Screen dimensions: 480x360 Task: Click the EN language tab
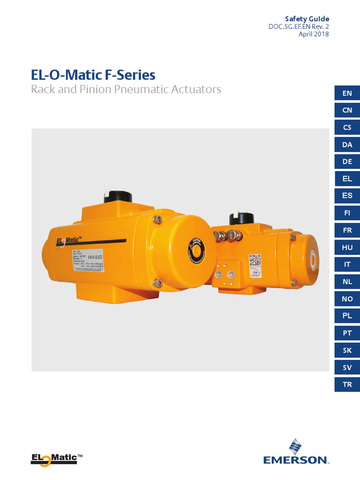[x=347, y=93]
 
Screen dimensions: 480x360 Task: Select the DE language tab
[x=347, y=162]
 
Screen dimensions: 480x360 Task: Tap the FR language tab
[x=347, y=230]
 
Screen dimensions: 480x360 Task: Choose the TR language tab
[x=347, y=384]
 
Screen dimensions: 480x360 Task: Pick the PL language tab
[x=347, y=316]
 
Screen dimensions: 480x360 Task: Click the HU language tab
[x=347, y=247]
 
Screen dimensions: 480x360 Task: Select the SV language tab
[x=347, y=367]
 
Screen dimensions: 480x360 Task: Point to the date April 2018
[x=314, y=34]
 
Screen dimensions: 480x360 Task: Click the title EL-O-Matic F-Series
[x=93, y=75]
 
